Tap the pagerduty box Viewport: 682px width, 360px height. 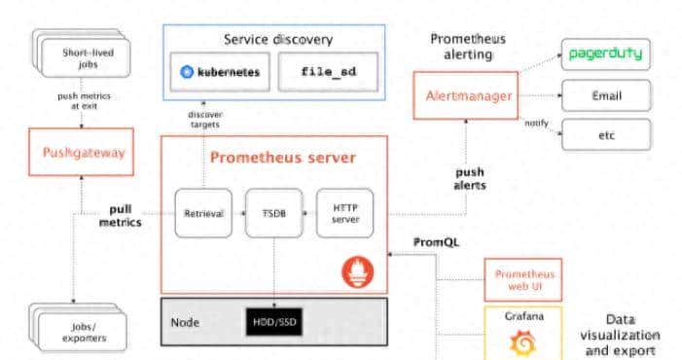(605, 54)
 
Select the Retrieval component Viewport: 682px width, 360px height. (203, 213)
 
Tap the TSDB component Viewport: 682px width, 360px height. (273, 213)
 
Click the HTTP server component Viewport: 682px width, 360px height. (345, 213)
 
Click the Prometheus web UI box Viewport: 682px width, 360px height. (523, 279)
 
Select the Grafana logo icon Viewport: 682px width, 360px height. (523, 342)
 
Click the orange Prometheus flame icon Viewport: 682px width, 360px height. (356, 270)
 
